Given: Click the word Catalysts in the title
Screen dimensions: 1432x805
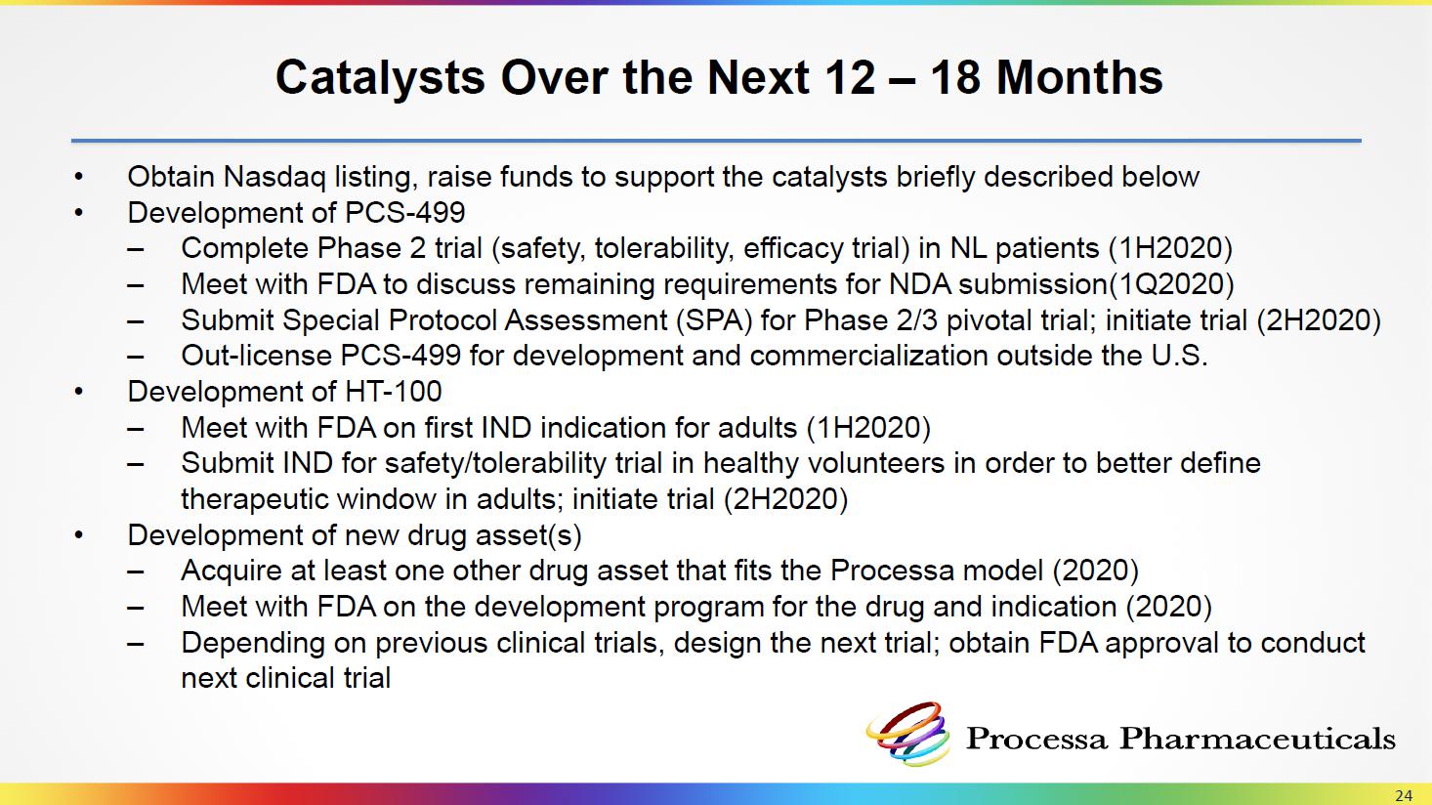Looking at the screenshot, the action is point(380,77).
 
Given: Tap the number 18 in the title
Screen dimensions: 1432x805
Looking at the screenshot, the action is point(954,77).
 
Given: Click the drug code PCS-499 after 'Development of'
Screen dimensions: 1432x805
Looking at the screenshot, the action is point(404,212).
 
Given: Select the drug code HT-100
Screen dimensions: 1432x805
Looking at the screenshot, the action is point(393,392).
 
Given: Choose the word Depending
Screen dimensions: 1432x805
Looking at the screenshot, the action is point(253,643).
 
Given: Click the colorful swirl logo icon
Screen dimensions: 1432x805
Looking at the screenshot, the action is point(907,734).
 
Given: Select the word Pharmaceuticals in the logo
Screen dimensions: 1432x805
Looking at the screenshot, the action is point(1257,739).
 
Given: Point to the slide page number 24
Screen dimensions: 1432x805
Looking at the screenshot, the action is point(1404,796).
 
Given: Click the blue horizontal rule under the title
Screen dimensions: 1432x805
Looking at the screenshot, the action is point(716,141).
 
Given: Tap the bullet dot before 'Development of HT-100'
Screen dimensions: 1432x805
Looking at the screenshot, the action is point(78,391).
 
